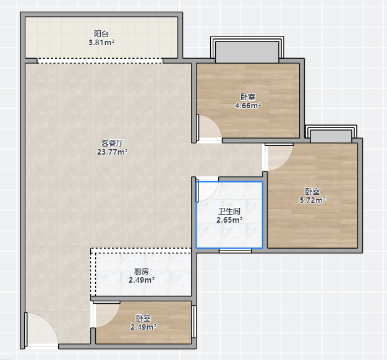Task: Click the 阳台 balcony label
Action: click(x=101, y=33)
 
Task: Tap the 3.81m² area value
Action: click(x=101, y=43)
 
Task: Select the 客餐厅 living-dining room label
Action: click(x=113, y=143)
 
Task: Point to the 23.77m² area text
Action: click(x=113, y=152)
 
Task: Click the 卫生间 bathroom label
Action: click(x=229, y=211)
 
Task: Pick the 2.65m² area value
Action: click(x=229, y=220)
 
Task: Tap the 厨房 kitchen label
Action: click(x=142, y=272)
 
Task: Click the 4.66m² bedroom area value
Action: click(x=248, y=106)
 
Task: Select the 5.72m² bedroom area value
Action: click(x=313, y=200)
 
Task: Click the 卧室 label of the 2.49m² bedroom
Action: click(x=143, y=318)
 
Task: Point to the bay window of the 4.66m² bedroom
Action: click(x=247, y=50)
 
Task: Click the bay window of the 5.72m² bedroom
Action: click(x=331, y=134)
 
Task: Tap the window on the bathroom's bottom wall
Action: click(x=235, y=251)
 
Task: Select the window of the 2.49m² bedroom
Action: click(x=194, y=322)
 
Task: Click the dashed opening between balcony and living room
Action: click(x=100, y=61)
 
